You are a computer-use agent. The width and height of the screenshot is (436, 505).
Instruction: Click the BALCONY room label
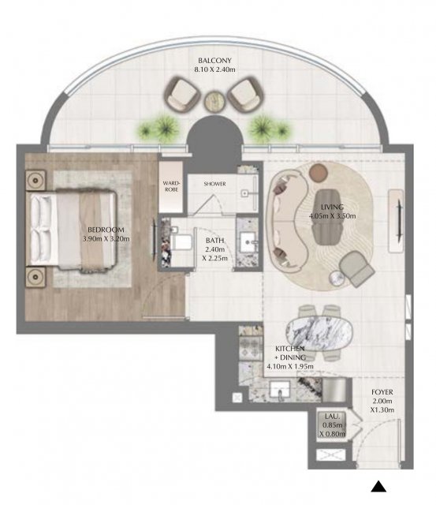[x=214, y=60]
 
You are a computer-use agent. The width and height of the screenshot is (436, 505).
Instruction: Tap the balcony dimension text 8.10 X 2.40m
[x=214, y=69]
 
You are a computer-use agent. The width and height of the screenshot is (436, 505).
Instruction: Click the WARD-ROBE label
[x=171, y=186]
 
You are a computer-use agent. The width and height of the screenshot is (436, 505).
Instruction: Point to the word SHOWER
[x=215, y=184]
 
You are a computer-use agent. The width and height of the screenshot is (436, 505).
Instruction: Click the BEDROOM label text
[x=106, y=230]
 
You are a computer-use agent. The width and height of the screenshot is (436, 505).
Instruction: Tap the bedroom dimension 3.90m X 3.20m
[x=106, y=238]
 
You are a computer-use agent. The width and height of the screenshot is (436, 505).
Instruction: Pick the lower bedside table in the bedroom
[x=35, y=277]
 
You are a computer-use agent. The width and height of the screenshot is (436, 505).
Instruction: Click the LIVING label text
[x=332, y=207]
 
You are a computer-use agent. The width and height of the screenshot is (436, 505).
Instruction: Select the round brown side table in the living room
[x=319, y=173]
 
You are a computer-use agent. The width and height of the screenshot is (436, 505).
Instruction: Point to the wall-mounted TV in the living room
[x=399, y=220]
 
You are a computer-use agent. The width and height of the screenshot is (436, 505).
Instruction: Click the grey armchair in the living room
[x=356, y=269]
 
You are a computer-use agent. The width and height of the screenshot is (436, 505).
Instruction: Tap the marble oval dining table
[x=319, y=333]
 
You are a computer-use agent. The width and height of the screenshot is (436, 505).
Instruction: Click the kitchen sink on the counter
[x=280, y=391]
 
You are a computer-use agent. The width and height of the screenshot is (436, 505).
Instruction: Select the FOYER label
[x=382, y=392]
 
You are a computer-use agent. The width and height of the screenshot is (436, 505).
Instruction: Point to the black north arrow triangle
[x=378, y=487]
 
